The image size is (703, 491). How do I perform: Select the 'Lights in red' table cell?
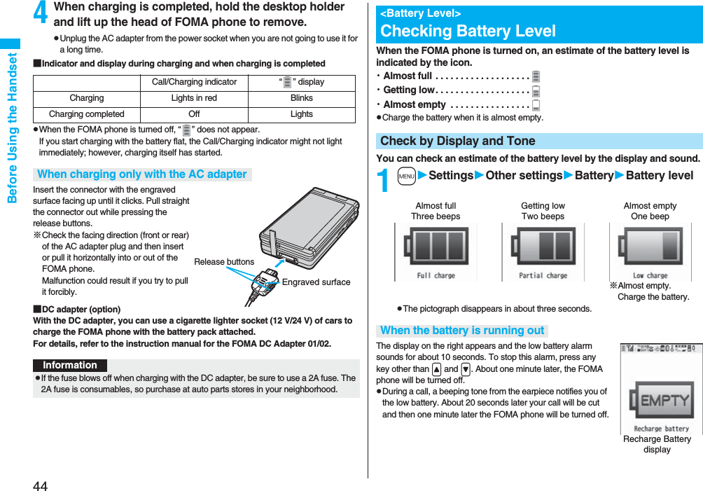coord(194,98)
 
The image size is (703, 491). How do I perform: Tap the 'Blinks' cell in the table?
coord(302,98)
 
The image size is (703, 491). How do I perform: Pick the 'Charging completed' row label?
coord(87,114)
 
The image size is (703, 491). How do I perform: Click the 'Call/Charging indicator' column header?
coord(194,82)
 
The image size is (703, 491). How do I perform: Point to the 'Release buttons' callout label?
coord(224,262)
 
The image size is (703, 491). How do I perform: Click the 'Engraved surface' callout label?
coord(316,282)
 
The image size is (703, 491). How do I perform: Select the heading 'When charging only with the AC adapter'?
coord(142,174)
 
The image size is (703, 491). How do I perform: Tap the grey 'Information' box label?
coord(70,366)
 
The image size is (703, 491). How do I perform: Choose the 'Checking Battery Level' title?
coord(468,31)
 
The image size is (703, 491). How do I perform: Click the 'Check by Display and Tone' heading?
coord(457,141)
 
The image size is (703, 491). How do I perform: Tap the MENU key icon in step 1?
coord(407,176)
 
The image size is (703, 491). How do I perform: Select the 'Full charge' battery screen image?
coord(436,252)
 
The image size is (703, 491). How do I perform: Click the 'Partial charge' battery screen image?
coord(543,252)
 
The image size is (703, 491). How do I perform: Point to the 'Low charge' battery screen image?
coord(650,252)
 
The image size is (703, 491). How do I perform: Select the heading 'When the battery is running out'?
coord(462,331)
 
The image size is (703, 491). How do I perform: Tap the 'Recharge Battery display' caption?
coord(657,444)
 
